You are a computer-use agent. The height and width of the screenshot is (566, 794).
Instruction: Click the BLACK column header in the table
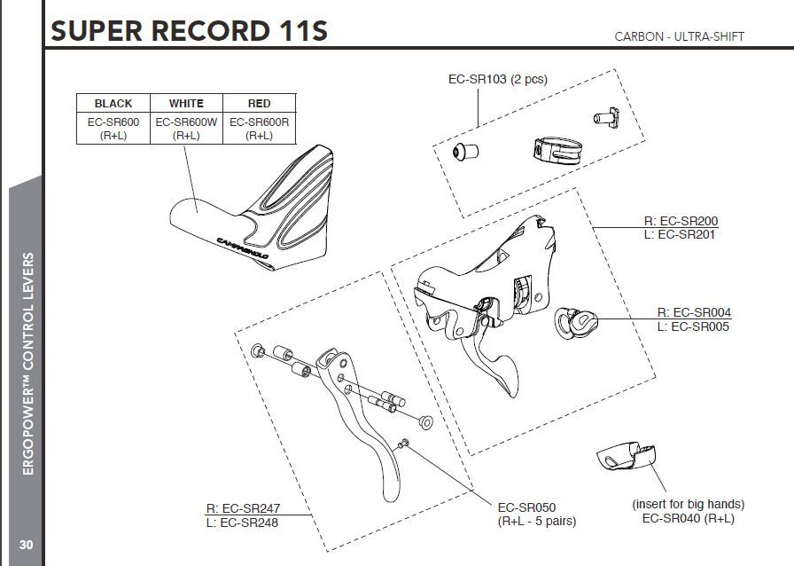(x=113, y=104)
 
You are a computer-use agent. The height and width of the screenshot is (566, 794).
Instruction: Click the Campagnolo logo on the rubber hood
(x=243, y=248)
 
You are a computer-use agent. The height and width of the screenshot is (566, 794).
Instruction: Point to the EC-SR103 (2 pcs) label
(x=498, y=79)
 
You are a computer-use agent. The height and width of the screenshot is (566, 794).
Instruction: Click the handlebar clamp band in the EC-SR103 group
(x=557, y=150)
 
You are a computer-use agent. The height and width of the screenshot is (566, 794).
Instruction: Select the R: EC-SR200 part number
(x=681, y=221)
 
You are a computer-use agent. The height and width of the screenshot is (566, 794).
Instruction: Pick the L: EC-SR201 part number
(x=679, y=234)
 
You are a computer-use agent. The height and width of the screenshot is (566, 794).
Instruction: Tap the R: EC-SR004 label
(x=694, y=312)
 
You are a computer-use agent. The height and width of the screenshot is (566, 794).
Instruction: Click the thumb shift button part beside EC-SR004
(x=576, y=323)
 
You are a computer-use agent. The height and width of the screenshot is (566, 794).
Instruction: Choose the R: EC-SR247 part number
(x=243, y=508)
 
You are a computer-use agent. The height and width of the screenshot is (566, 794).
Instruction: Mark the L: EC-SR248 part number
(x=242, y=523)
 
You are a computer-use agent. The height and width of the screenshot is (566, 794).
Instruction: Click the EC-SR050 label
(x=526, y=507)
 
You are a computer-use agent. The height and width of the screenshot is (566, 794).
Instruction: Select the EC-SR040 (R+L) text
(x=689, y=518)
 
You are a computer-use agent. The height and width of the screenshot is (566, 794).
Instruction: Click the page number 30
(x=26, y=545)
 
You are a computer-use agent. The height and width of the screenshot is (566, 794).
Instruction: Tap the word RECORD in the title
(x=210, y=31)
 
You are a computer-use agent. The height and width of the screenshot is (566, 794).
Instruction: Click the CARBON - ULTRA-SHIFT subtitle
(x=679, y=36)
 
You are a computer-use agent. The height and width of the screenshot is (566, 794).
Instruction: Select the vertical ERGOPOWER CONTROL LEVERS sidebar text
(x=28, y=364)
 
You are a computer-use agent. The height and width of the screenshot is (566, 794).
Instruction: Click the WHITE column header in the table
(x=186, y=104)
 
